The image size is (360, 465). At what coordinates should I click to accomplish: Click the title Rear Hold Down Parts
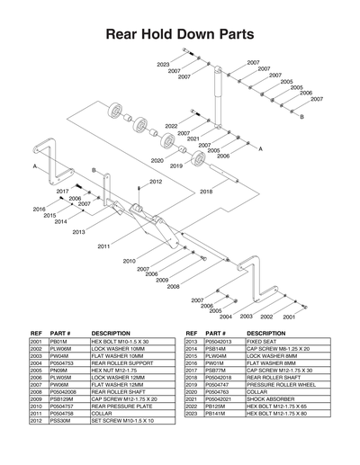pyautogui.click(x=180, y=35)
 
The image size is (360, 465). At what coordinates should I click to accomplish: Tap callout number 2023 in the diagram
pyautogui.click(x=163, y=65)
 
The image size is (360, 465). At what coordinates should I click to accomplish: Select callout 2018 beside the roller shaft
pyautogui.click(x=206, y=192)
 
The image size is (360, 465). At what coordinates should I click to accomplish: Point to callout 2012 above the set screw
pyautogui.click(x=156, y=182)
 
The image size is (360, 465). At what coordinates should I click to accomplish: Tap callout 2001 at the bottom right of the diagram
pyautogui.click(x=289, y=317)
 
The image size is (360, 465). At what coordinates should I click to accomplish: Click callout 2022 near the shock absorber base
pyautogui.click(x=171, y=127)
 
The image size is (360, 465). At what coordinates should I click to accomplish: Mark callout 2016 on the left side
pyautogui.click(x=39, y=210)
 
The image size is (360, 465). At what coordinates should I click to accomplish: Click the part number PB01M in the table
pyautogui.click(x=60, y=342)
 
